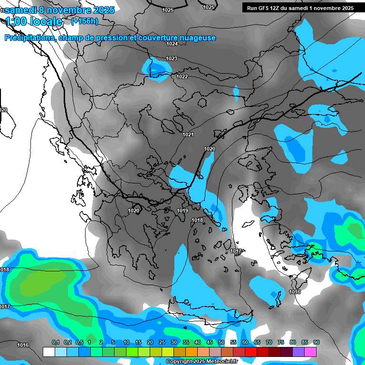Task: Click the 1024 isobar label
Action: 172,44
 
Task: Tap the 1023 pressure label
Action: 172,58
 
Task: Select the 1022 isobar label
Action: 182,77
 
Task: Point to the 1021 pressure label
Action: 188,134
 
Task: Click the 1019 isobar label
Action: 182,211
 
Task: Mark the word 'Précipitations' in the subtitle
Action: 29,38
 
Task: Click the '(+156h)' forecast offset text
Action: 85,21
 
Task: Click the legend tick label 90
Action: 316,342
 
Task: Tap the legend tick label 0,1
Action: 55,342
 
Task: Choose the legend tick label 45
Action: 210,342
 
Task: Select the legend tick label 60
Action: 245,342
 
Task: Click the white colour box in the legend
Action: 48,352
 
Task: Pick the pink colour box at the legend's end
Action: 310,352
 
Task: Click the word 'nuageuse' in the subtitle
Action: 197,38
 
